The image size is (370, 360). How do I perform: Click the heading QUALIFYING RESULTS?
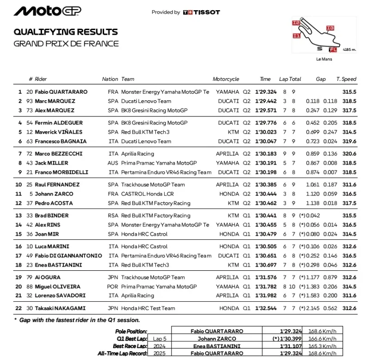point(66,32)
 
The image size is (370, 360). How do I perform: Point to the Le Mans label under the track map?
point(324,59)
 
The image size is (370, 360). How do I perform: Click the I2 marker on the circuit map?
point(296,22)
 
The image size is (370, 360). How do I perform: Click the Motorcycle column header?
point(226,79)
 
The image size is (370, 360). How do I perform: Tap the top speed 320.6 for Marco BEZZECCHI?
point(349,153)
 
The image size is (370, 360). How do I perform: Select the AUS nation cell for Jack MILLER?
point(112,163)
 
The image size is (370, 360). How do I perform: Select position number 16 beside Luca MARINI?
point(19,246)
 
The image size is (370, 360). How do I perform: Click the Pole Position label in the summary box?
point(131,331)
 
